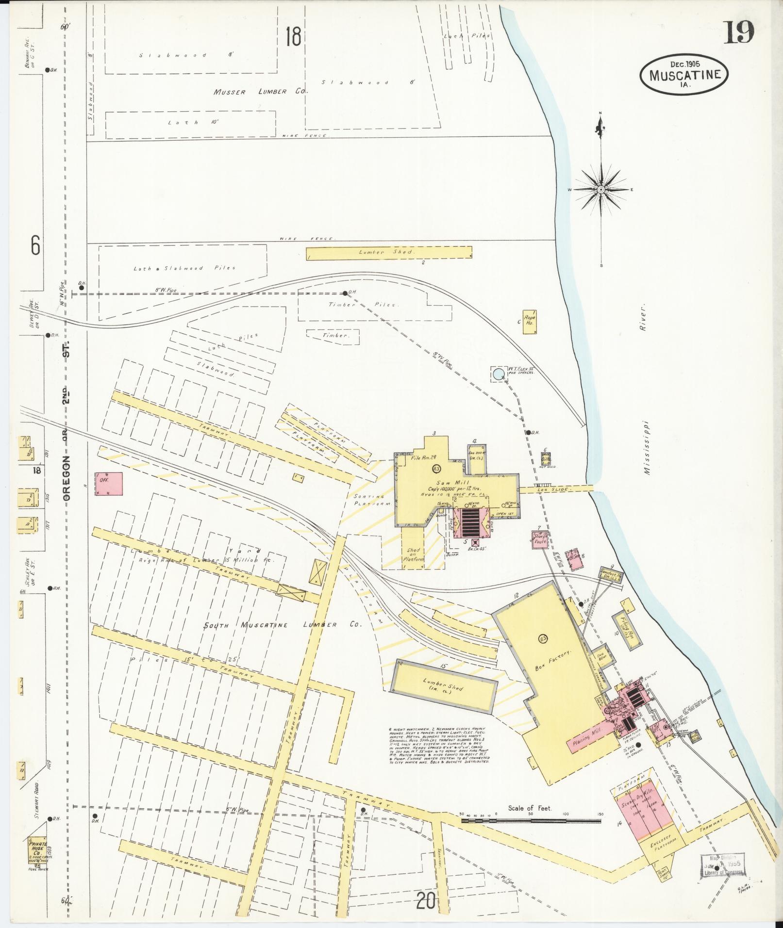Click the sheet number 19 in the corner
point(740,32)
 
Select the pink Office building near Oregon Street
point(109,484)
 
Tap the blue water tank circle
point(498,374)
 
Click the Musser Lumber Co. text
point(257,92)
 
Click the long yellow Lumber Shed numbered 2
point(388,253)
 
